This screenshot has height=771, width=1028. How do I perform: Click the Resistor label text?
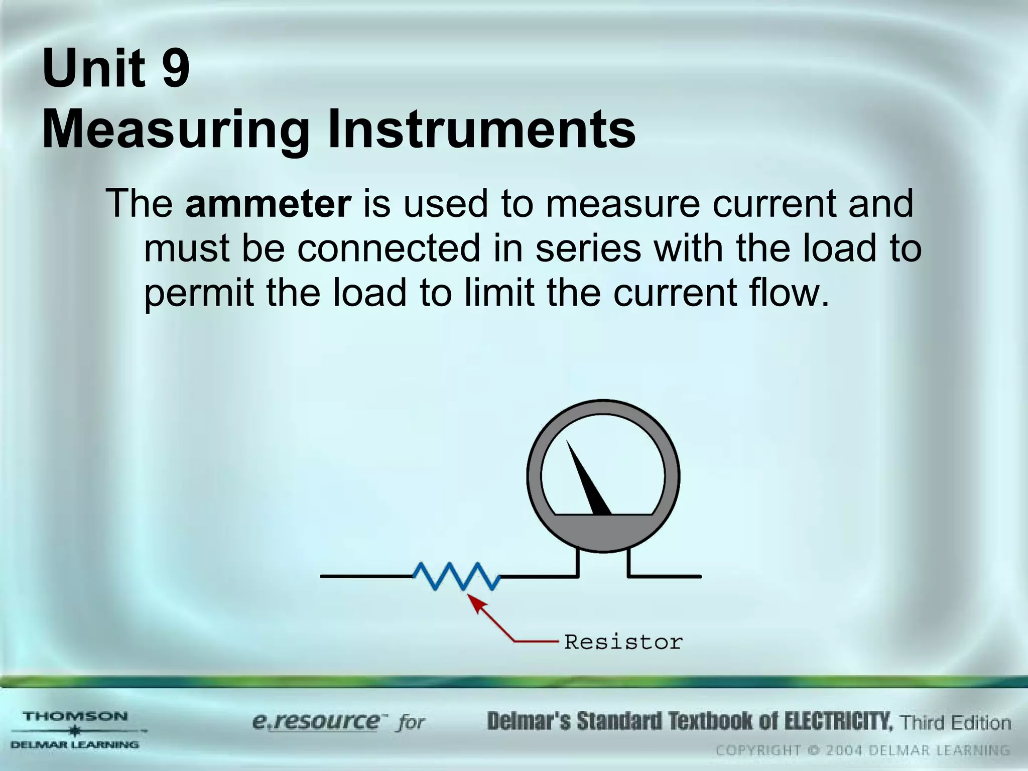coord(623,642)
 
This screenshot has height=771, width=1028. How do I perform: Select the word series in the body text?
coord(588,248)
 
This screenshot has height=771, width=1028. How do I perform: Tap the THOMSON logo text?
coord(76,716)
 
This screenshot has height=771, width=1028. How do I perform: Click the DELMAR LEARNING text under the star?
coord(75,745)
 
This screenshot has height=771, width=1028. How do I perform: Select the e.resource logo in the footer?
coord(316,722)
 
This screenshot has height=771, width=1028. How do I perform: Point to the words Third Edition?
coord(955,723)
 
